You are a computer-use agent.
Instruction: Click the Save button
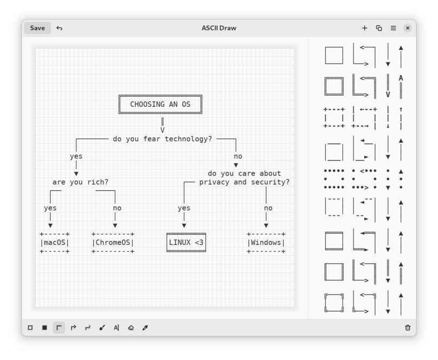tap(37, 28)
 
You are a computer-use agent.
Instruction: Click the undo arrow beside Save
tap(59, 28)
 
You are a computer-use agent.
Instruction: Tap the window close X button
tap(408, 28)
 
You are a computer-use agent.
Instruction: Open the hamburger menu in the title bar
tap(393, 28)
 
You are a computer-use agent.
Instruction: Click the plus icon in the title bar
tap(365, 28)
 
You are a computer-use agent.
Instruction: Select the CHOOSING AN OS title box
tap(160, 104)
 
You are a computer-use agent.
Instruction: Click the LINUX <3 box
tap(186, 242)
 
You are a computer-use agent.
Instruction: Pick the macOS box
tap(55, 242)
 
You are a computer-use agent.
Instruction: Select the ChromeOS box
tap(113, 242)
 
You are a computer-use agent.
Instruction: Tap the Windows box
tap(266, 242)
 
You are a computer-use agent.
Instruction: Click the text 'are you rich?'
tap(80, 182)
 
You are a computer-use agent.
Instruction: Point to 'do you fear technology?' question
tap(162, 139)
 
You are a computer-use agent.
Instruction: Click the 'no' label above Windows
tap(268, 208)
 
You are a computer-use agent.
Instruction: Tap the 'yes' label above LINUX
tap(184, 208)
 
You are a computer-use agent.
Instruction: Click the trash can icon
tap(408, 327)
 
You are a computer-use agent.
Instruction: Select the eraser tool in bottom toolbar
tap(130, 327)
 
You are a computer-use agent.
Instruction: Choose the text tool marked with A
tap(116, 327)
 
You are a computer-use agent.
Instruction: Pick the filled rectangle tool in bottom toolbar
tap(44, 327)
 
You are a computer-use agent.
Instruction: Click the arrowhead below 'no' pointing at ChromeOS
tap(115, 225)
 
